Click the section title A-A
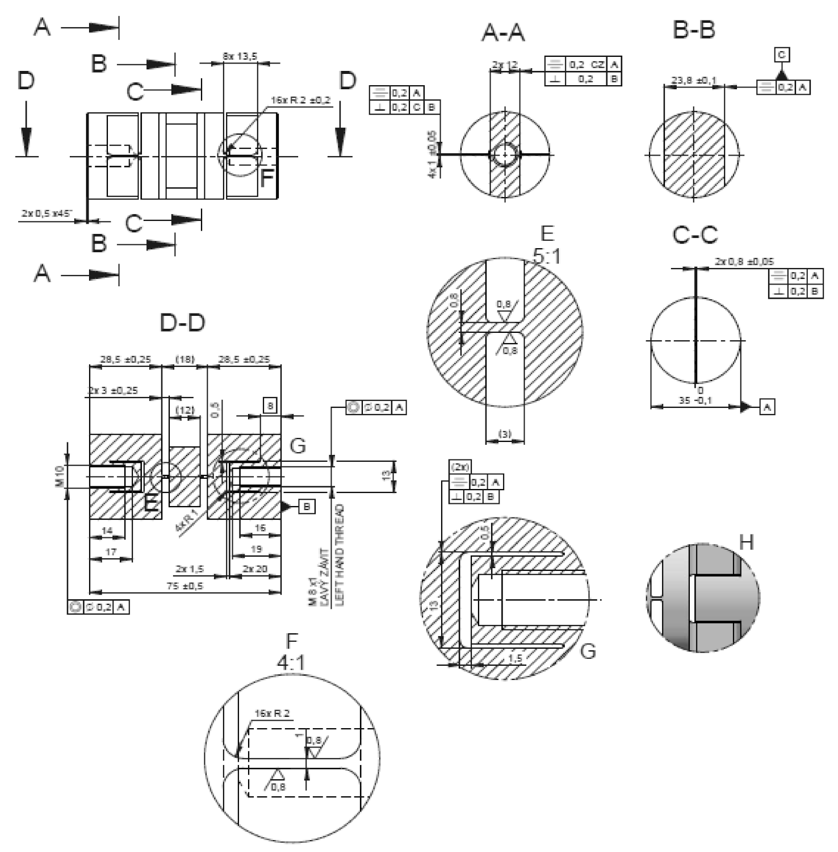coord(503,32)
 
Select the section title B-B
coord(693,30)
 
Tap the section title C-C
coord(695,234)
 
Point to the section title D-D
coord(182,323)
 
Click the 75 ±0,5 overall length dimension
coord(185,586)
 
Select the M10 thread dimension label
coord(60,476)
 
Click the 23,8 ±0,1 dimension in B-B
coord(693,81)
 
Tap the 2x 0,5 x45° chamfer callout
coord(47,214)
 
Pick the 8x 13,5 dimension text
coord(240,56)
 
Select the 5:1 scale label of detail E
coord(547,256)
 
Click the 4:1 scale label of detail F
coord(291,662)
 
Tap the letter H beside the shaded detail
coord(746,542)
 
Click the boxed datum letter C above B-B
coord(782,55)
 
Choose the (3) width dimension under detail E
coord(505,434)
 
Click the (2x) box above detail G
coord(460,467)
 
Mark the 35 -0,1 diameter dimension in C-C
coord(696,400)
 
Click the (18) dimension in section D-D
coord(185,359)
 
